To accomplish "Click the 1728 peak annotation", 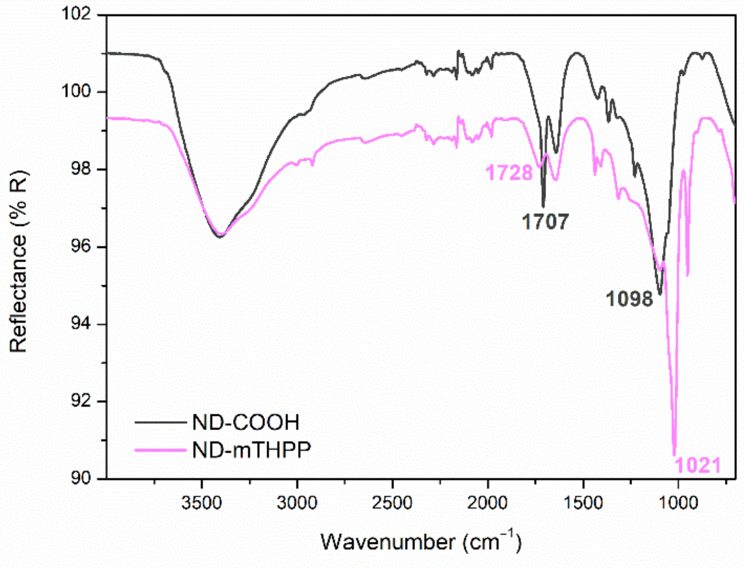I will (x=509, y=173).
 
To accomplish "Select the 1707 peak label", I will (x=545, y=222).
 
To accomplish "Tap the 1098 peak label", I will (x=630, y=299).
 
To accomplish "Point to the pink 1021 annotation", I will (x=697, y=466).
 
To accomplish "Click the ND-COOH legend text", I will (x=246, y=422).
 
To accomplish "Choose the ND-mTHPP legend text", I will (x=251, y=450).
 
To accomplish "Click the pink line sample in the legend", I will (x=160, y=450).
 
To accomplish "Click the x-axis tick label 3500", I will (x=202, y=503).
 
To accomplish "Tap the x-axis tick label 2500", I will (x=392, y=503).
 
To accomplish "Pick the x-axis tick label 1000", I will (x=678, y=503).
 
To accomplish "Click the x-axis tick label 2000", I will (x=487, y=503).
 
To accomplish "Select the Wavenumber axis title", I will (x=421, y=542).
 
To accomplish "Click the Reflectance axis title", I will (x=18, y=262).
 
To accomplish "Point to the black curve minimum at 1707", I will (x=543, y=207).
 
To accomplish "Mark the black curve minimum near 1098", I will (x=660, y=294).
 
